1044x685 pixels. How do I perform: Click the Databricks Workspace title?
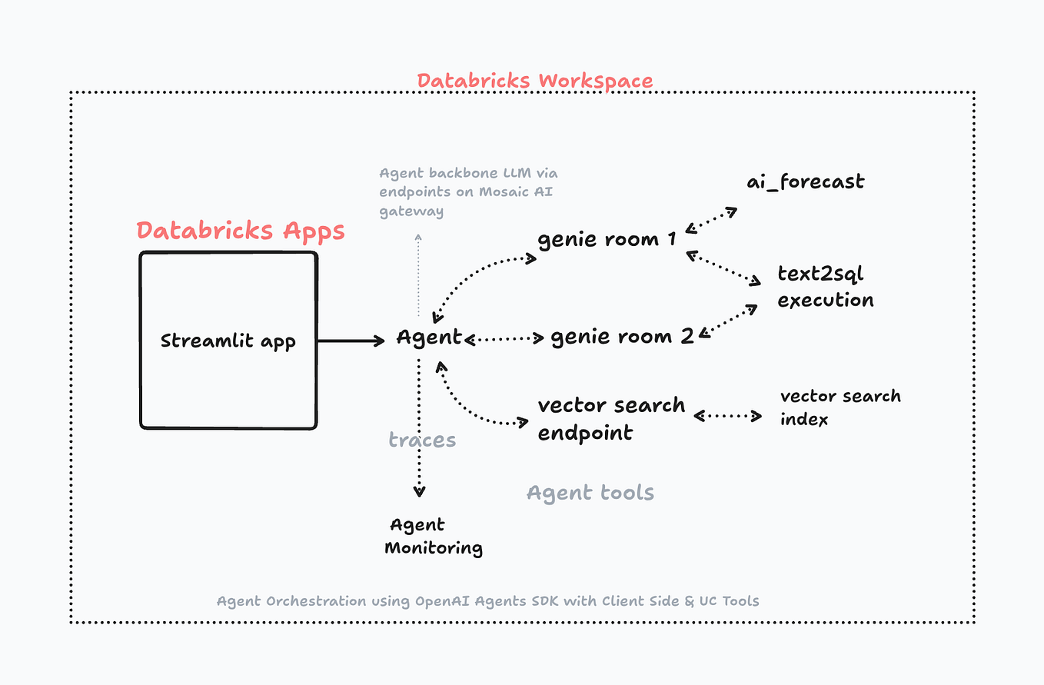coord(534,81)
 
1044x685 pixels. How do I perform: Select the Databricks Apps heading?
coord(241,230)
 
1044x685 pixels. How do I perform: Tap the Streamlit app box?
coord(228,340)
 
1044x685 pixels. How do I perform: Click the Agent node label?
coord(429,337)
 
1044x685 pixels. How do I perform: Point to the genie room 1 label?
coord(607,238)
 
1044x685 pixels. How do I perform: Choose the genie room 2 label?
coord(622,336)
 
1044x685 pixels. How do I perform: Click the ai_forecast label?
coord(805,182)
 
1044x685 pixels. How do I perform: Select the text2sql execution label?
coord(825,287)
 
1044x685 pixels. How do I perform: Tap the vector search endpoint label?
coord(610,418)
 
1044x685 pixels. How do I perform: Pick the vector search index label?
coord(840,407)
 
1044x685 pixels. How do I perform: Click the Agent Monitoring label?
coord(433,536)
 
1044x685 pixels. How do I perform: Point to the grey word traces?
coord(422,440)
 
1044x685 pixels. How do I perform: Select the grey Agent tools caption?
coord(590,492)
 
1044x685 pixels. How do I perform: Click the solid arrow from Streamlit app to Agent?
coord(351,340)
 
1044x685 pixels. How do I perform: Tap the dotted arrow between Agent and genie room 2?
coord(504,338)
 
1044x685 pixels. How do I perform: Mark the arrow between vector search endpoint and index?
coord(727,416)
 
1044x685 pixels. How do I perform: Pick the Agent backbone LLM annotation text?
coord(467,192)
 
